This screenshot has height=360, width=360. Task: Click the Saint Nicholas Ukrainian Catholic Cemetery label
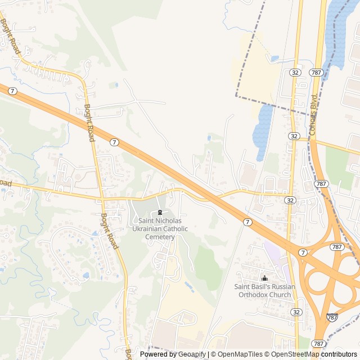pos(159,229)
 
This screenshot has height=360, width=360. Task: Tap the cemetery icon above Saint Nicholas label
pos(160,213)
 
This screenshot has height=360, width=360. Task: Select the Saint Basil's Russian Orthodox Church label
pos(264,290)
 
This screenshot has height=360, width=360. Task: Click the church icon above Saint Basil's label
pos(264,278)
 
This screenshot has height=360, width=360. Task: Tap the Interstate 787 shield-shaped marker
pos(332,317)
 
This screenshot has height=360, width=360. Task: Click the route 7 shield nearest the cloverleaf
pos(303,252)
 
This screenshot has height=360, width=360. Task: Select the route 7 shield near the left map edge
pos(12,91)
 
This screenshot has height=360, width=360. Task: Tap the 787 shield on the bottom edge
pos(318,343)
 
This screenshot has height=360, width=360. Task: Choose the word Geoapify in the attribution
pos(193,354)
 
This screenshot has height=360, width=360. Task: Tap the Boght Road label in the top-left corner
pos(11,35)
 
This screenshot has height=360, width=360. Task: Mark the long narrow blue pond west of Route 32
pos(262,132)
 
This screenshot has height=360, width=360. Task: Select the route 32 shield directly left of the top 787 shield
pos(295,73)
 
